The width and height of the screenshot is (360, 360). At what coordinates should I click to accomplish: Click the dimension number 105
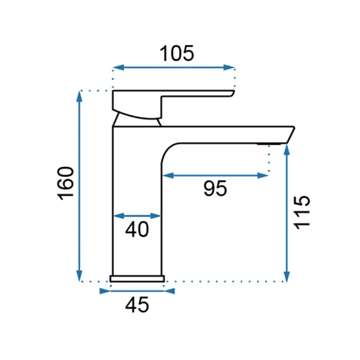(177, 54)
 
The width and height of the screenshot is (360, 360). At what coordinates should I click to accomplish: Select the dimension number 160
(66, 183)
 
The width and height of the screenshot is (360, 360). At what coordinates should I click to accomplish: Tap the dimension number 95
(215, 188)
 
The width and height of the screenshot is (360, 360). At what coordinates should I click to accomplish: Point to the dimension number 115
(302, 212)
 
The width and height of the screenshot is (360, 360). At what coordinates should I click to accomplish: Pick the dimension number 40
(137, 230)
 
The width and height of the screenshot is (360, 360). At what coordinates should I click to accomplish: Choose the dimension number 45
(137, 305)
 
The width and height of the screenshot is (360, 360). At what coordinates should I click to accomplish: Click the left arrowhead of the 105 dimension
(119, 68)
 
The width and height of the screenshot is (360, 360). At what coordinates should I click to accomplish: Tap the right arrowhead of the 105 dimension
(229, 68)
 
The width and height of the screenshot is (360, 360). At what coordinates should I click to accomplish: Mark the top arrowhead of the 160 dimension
(80, 96)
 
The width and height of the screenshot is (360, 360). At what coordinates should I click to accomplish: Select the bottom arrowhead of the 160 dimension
(80, 276)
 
